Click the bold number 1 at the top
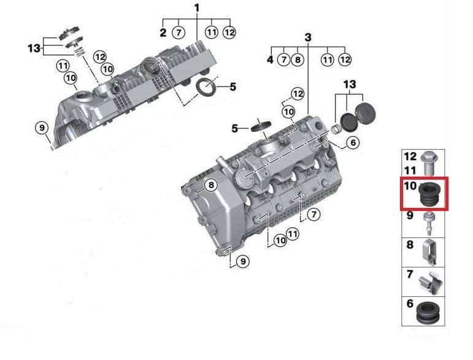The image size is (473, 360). (x=197, y=8)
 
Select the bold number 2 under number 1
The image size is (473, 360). (x=163, y=33)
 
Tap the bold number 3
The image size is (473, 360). (x=308, y=37)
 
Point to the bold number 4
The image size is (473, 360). (x=271, y=59)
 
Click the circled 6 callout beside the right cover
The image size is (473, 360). (x=353, y=142)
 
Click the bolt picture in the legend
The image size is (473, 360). (x=429, y=163)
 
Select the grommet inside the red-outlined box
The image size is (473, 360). (x=430, y=194)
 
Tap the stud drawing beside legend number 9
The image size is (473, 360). (x=428, y=224)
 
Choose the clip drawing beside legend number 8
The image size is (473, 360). (x=429, y=252)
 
